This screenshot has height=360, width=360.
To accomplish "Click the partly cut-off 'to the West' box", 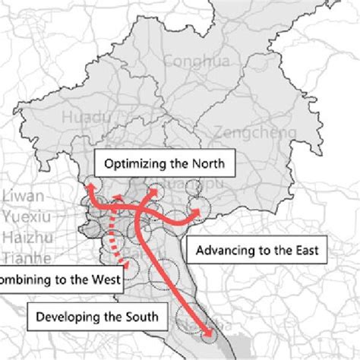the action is point(61,279).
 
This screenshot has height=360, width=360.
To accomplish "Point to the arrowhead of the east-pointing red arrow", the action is point(201,207).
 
